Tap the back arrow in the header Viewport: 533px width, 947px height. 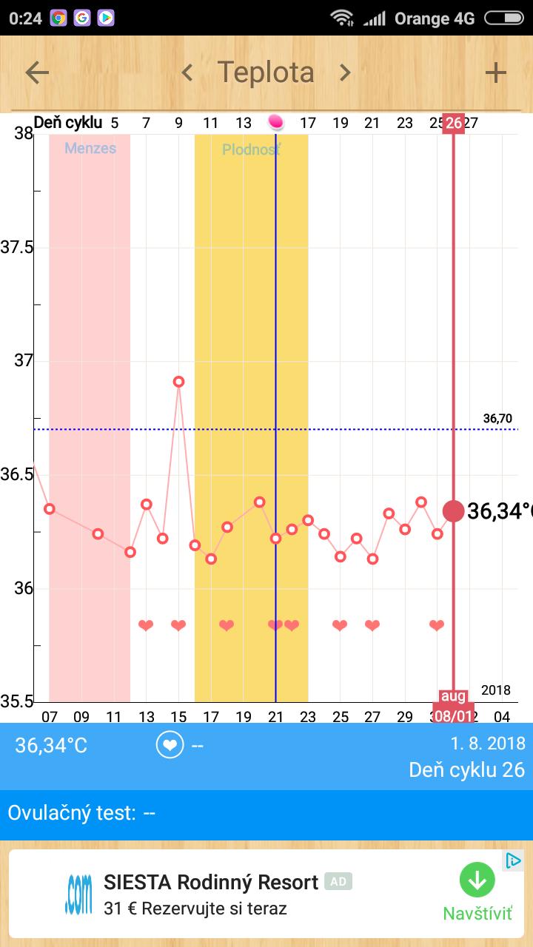[37, 73]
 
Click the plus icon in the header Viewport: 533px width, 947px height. [495, 73]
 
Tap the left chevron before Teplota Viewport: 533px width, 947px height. [187, 73]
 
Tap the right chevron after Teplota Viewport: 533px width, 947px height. [345, 73]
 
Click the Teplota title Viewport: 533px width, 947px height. [266, 73]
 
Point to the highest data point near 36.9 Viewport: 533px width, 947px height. [178, 382]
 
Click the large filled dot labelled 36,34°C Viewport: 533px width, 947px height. [453, 510]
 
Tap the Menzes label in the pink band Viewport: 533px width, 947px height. [90, 148]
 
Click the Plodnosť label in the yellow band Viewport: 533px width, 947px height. [251, 150]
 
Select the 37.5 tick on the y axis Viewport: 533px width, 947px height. [16, 247]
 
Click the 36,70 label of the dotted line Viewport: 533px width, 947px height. [497, 419]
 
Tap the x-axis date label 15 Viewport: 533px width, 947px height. [178, 716]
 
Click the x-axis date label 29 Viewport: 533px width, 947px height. [404, 716]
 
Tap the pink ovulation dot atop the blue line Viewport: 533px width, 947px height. [275, 121]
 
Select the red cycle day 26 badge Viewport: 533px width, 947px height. [453, 123]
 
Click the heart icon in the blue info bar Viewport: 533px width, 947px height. [170, 745]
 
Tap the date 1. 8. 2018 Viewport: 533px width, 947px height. [488, 744]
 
